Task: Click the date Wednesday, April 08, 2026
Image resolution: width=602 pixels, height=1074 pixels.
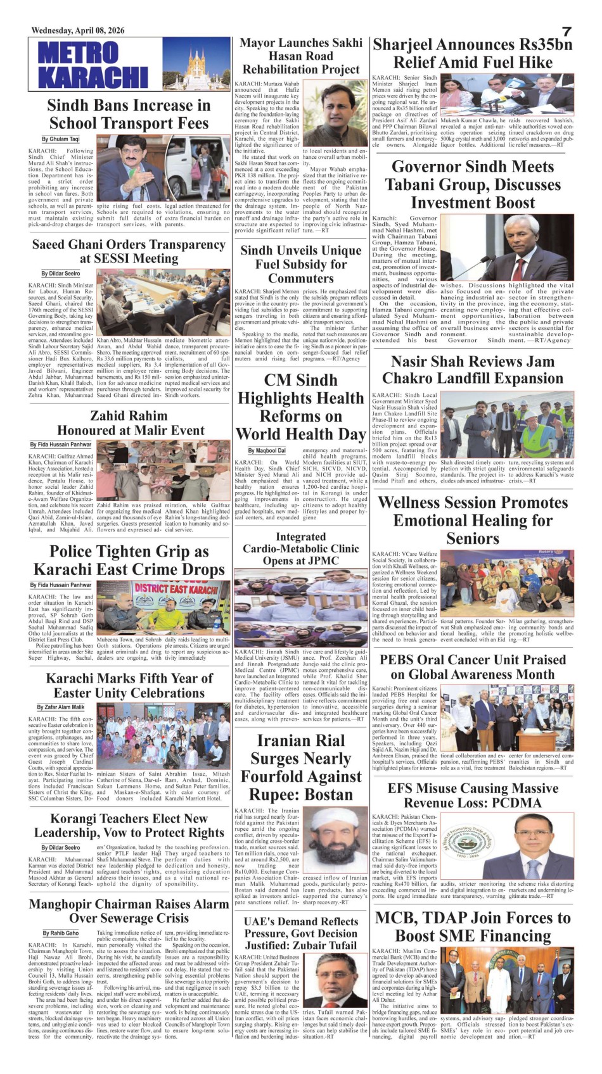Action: pyautogui.click(x=78, y=30)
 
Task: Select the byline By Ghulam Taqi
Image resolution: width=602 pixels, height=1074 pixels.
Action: pyautogui.click(x=61, y=139)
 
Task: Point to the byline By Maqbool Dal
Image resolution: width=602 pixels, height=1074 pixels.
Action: pyautogui.click(x=266, y=450)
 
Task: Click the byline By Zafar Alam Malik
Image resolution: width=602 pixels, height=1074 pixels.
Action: pyautogui.click(x=60, y=707)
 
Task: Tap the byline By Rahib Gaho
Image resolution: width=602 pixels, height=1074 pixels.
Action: pyautogui.click(x=61, y=933)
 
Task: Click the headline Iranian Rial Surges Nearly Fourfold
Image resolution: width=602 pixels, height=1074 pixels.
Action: pyautogui.click(x=300, y=767)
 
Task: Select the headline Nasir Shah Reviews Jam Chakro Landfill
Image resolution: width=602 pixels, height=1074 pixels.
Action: pyautogui.click(x=473, y=370)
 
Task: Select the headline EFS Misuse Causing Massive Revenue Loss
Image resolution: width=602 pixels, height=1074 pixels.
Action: pyautogui.click(x=473, y=795)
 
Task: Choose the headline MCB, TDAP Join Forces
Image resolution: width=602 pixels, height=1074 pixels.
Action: pyautogui.click(x=473, y=926)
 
